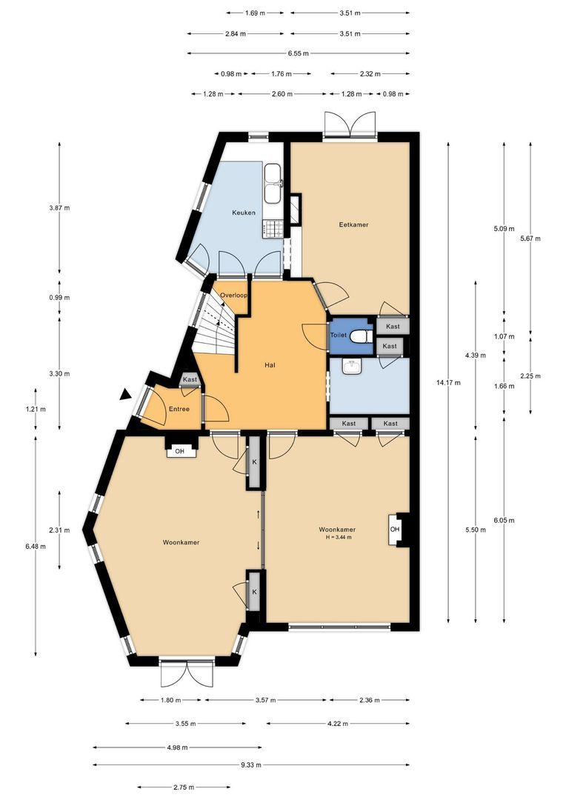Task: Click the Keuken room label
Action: (244, 213)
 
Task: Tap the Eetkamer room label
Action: (353, 224)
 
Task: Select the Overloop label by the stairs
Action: (234, 296)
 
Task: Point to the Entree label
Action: (179, 409)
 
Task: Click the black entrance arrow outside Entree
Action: (124, 394)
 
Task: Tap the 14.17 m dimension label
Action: (450, 383)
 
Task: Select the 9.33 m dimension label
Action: (251, 764)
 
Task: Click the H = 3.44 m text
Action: (339, 537)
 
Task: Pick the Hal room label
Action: (270, 365)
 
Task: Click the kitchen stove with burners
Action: (273, 229)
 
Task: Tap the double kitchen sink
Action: (273, 183)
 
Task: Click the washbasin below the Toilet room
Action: (352, 367)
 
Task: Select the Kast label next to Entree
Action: (190, 379)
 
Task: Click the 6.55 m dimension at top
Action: (298, 53)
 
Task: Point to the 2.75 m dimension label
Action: (183, 787)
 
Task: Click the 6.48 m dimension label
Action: (36, 547)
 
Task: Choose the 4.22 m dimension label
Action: (338, 724)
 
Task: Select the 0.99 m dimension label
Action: (59, 298)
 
